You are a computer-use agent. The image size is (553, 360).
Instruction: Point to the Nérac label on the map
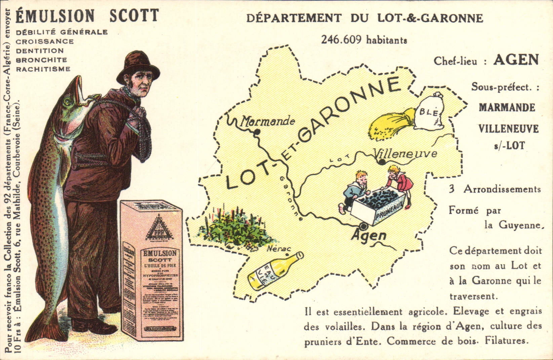click(278, 249)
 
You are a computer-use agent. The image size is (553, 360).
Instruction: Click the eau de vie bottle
click(275, 271)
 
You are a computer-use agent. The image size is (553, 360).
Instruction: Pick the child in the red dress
click(400, 184)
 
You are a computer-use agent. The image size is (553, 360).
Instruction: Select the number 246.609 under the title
click(341, 40)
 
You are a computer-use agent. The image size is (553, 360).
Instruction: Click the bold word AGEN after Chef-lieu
click(516, 60)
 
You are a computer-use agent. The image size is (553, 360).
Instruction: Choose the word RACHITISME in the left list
click(43, 69)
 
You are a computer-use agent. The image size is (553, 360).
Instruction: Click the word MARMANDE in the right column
click(507, 108)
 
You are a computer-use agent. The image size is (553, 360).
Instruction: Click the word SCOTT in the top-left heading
click(134, 15)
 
